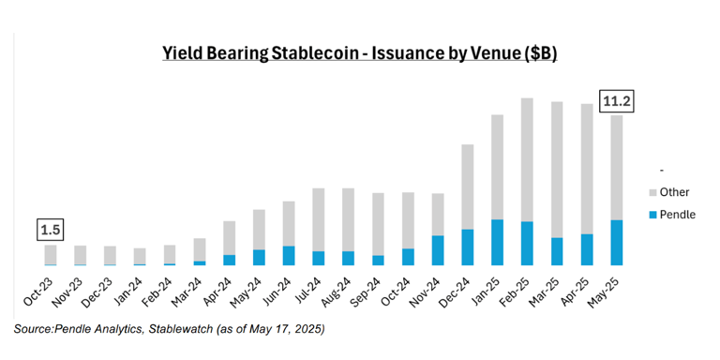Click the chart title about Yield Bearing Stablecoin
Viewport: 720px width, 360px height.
click(360, 54)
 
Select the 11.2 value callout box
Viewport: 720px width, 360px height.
click(617, 99)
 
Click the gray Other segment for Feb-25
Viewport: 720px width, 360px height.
click(527, 159)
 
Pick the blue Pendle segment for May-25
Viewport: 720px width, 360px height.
click(616, 243)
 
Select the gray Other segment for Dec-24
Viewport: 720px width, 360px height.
click(467, 187)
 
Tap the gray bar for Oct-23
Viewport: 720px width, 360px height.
click(51, 254)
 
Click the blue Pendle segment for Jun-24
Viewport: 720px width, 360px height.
click(289, 256)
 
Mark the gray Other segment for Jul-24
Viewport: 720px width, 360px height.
click(319, 219)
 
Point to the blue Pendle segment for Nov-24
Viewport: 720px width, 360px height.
click(438, 250)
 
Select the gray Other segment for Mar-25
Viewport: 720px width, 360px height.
click(557, 169)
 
